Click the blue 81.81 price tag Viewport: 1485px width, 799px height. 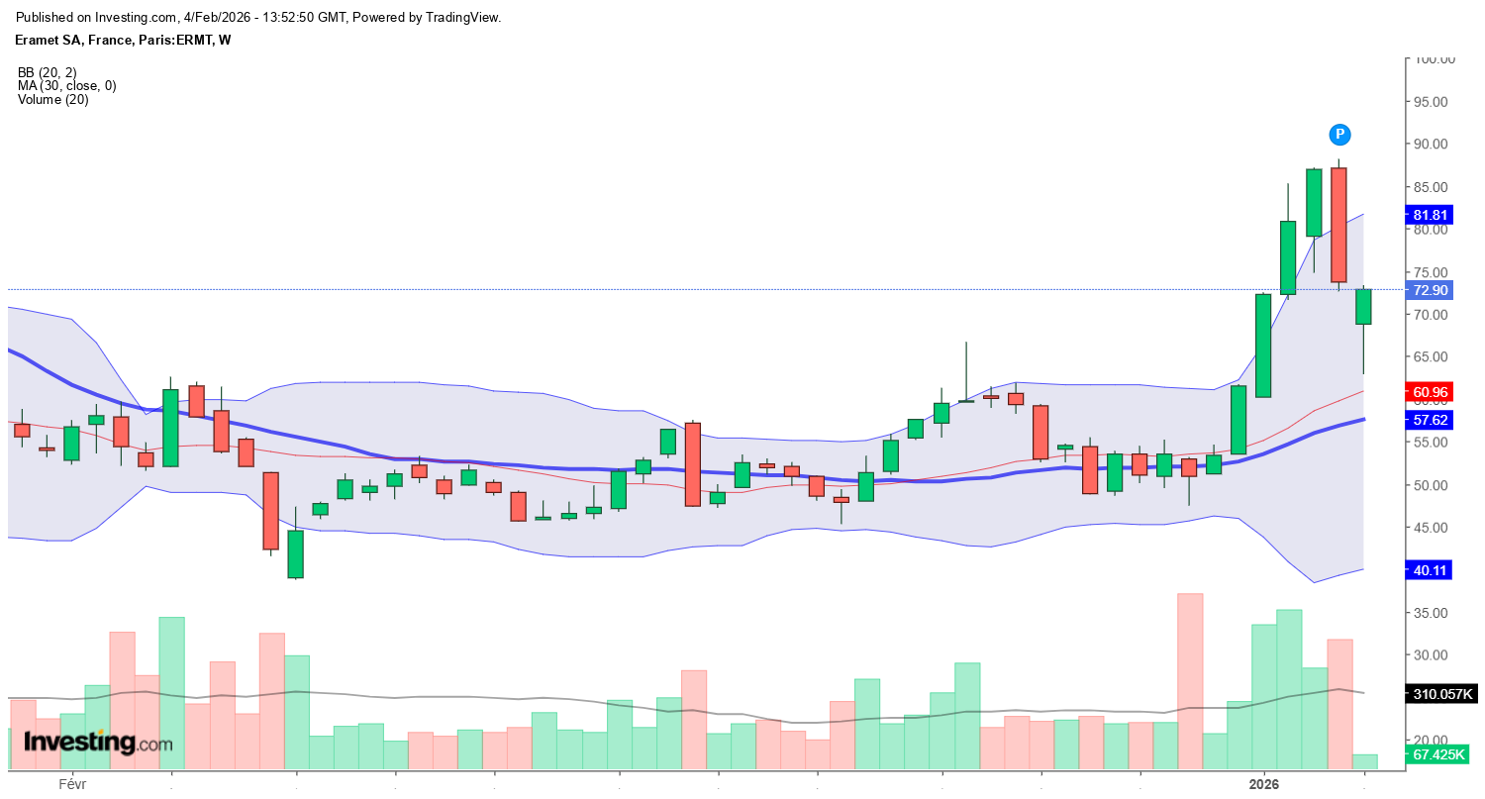(1431, 215)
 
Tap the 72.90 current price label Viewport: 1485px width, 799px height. (1431, 290)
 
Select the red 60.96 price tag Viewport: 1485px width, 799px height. (1431, 392)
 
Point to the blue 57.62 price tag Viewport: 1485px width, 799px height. (1431, 420)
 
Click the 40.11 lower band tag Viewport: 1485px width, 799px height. (1431, 569)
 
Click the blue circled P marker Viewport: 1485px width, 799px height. (1339, 135)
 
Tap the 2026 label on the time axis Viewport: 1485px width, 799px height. (1264, 783)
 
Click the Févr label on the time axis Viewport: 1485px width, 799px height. (72, 783)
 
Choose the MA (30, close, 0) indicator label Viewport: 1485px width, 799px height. (66, 86)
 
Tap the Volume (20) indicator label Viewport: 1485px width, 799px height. (52, 99)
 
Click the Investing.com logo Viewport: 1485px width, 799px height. (96, 743)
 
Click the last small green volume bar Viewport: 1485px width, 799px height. (1364, 761)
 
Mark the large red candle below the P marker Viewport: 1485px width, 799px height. (1338, 225)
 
